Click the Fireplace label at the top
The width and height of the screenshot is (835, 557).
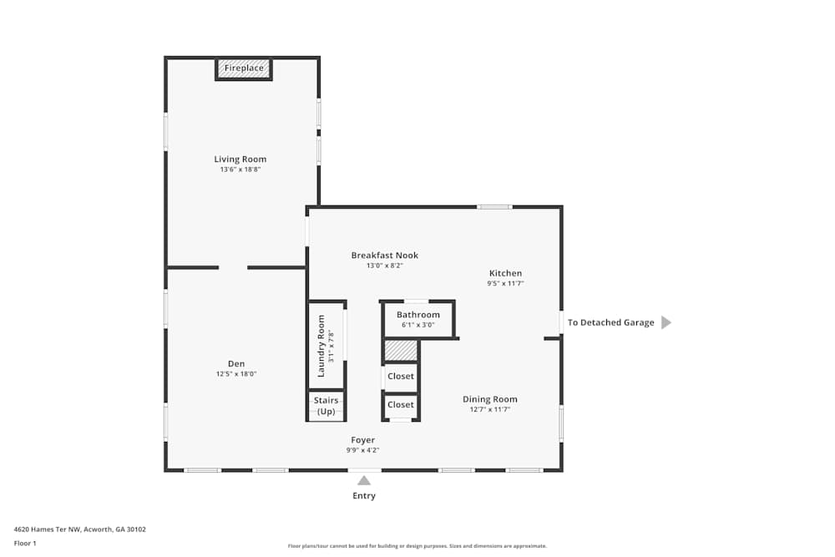tap(244, 68)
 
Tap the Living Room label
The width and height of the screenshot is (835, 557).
tap(240, 160)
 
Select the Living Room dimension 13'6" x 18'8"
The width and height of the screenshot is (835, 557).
tap(240, 170)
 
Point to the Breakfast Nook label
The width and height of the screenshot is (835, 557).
tap(384, 256)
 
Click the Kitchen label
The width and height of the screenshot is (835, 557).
tap(505, 273)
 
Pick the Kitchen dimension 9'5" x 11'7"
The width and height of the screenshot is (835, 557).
tap(505, 284)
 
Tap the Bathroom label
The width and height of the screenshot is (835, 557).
tap(417, 315)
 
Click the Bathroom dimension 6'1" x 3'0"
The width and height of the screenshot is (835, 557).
tap(417, 325)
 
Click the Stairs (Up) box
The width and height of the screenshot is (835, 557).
tap(326, 406)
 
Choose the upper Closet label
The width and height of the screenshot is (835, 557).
tap(401, 377)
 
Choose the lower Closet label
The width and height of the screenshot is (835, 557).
tap(401, 405)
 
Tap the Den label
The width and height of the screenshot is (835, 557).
tap(236, 363)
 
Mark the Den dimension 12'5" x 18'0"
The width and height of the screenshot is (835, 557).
tap(236, 374)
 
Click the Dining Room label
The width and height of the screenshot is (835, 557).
tap(490, 399)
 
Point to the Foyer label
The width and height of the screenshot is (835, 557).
tap(363, 440)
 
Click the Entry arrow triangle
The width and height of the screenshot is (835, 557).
tap(364, 480)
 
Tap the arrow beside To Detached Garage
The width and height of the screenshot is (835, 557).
tap(666, 322)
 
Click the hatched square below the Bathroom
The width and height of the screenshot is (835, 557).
tap(401, 350)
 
